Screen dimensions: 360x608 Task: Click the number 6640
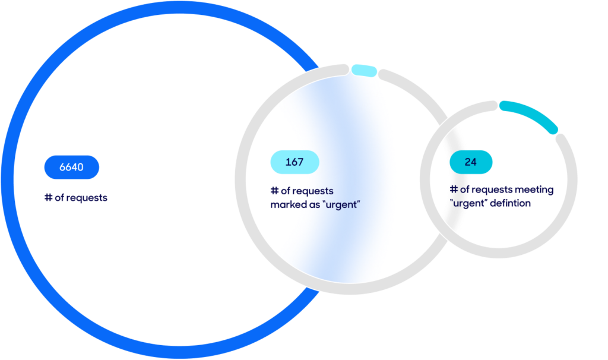(x=71, y=167)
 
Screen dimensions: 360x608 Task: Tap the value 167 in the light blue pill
(x=294, y=162)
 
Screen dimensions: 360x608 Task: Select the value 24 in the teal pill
(x=471, y=162)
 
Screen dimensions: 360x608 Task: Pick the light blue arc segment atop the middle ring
(x=363, y=71)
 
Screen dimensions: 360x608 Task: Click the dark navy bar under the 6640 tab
(x=75, y=201)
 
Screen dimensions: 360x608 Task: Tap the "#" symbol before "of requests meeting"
(x=454, y=190)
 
